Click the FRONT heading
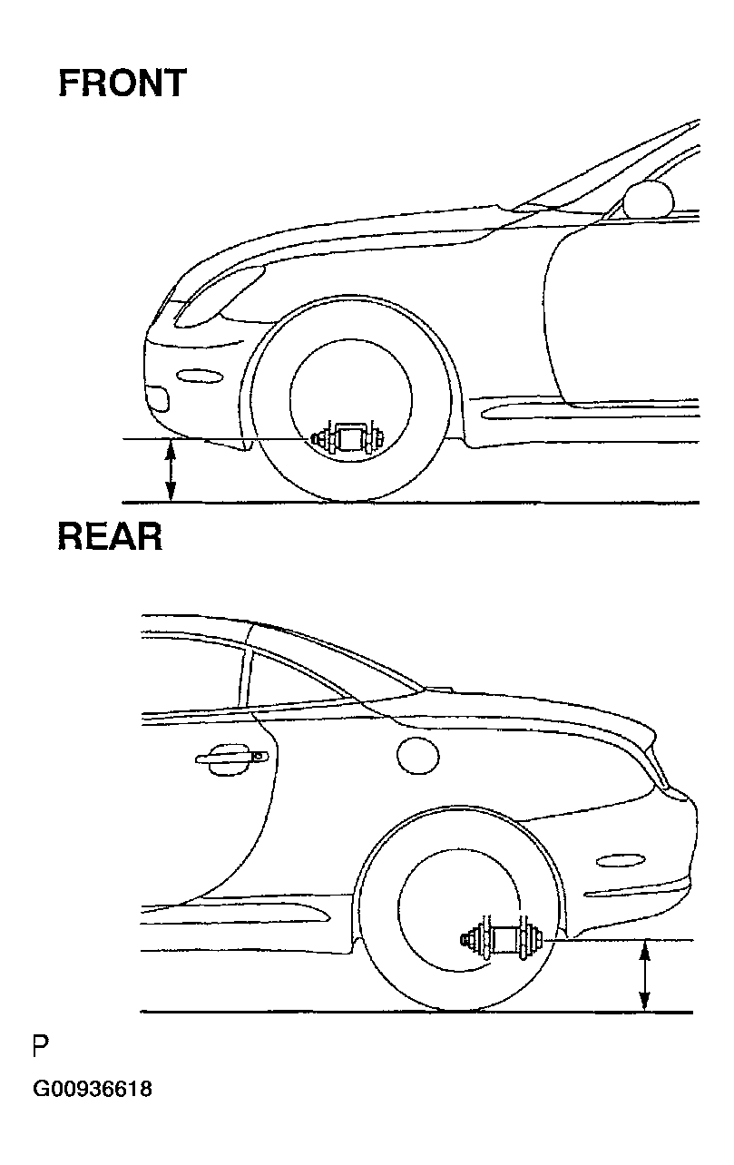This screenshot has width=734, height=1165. click(122, 83)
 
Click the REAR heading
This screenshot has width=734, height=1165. click(111, 537)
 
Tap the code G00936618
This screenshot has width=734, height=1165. click(93, 1089)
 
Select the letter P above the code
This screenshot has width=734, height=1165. click(40, 1047)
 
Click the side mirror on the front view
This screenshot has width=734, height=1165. click(650, 198)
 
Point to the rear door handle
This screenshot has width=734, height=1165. click(232, 759)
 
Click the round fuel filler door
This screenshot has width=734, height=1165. click(418, 753)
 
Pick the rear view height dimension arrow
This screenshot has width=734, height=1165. click(644, 975)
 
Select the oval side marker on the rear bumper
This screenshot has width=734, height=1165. click(620, 859)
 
